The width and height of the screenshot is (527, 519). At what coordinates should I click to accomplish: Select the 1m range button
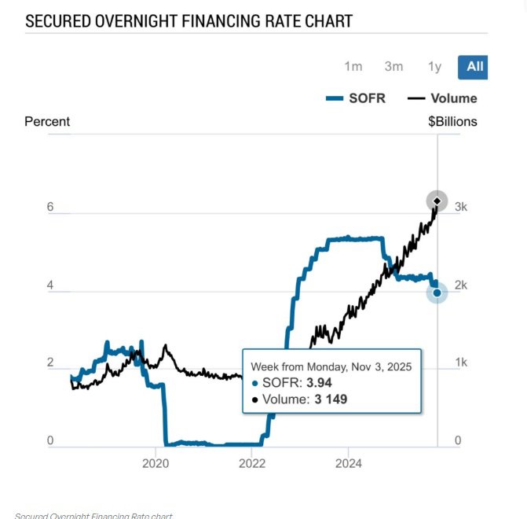353,66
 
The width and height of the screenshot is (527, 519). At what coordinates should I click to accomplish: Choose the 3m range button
393,66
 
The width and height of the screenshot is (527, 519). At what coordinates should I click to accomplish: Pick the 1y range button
434,66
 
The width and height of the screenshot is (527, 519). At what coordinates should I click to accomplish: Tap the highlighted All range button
474,66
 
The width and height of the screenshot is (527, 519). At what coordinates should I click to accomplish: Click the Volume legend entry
443,98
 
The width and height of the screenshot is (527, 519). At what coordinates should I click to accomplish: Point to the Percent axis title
47,121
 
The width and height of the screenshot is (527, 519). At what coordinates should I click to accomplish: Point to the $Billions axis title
452,121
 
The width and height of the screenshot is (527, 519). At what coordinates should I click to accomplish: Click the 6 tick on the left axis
50,207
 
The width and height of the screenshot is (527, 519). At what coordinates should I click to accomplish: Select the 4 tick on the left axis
50,285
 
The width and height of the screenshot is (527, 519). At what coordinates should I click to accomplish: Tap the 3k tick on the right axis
462,207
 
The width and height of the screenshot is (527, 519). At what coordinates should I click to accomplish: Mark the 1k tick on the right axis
462,363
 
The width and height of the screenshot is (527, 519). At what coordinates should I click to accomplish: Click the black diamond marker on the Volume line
437,201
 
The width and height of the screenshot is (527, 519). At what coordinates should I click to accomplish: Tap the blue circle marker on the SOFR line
437,293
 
